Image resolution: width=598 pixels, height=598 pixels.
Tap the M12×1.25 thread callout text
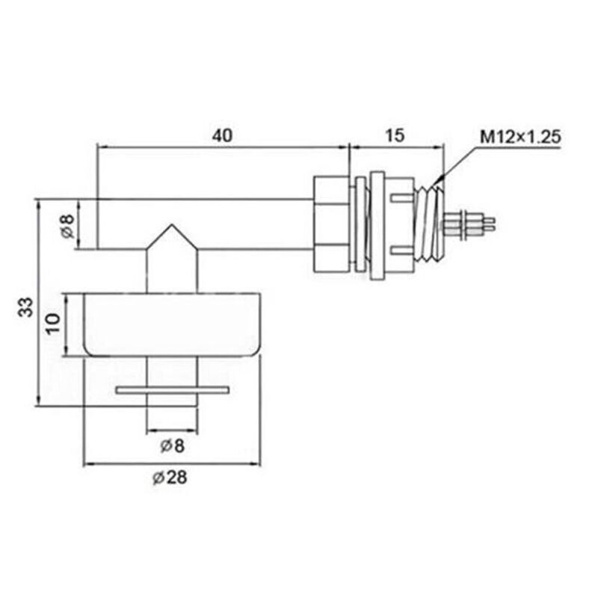tap(520, 137)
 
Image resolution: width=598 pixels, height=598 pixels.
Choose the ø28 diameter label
tap(170, 479)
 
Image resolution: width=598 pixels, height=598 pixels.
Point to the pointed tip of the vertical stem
tap(172, 228)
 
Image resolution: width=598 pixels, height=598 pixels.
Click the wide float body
tap(172, 325)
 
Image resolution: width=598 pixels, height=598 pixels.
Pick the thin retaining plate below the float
tap(172, 389)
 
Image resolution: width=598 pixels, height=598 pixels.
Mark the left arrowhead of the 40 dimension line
tap(102, 147)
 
